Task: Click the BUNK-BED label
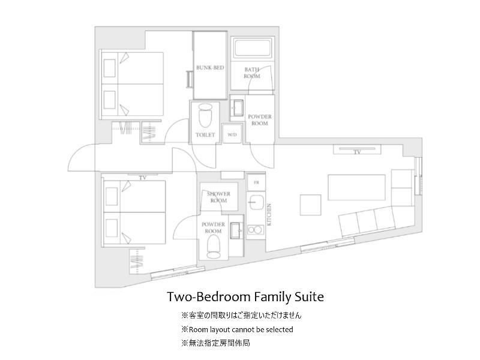point(210,68)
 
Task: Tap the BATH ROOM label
point(251,73)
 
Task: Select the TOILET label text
point(205,134)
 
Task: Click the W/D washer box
point(232,134)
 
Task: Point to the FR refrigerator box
point(256,182)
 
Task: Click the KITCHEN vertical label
point(269,215)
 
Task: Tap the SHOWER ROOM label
point(218,197)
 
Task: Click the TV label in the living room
point(357,152)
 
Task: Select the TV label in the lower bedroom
point(143,178)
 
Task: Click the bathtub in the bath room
point(253,49)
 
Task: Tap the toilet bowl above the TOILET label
point(205,116)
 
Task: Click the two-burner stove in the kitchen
point(256,230)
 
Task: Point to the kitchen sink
point(256,202)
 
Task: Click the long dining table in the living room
point(356,187)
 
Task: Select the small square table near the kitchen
point(310,205)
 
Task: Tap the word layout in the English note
point(220,329)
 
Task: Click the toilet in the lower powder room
point(214,247)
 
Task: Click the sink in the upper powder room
point(236,107)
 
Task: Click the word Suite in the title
point(309,297)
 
